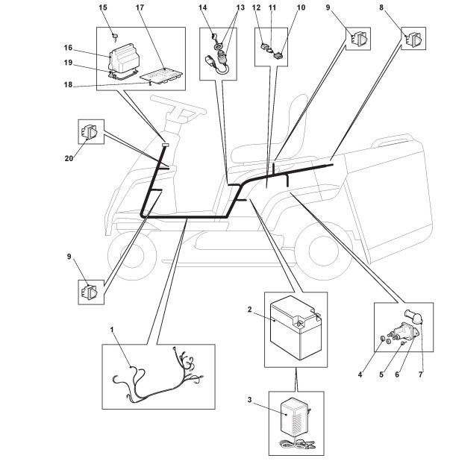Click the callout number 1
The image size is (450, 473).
[112, 328]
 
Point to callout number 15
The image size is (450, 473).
[103, 8]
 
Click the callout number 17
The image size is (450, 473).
[140, 8]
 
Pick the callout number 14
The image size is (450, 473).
[202, 8]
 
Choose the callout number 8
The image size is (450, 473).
[403, 8]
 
